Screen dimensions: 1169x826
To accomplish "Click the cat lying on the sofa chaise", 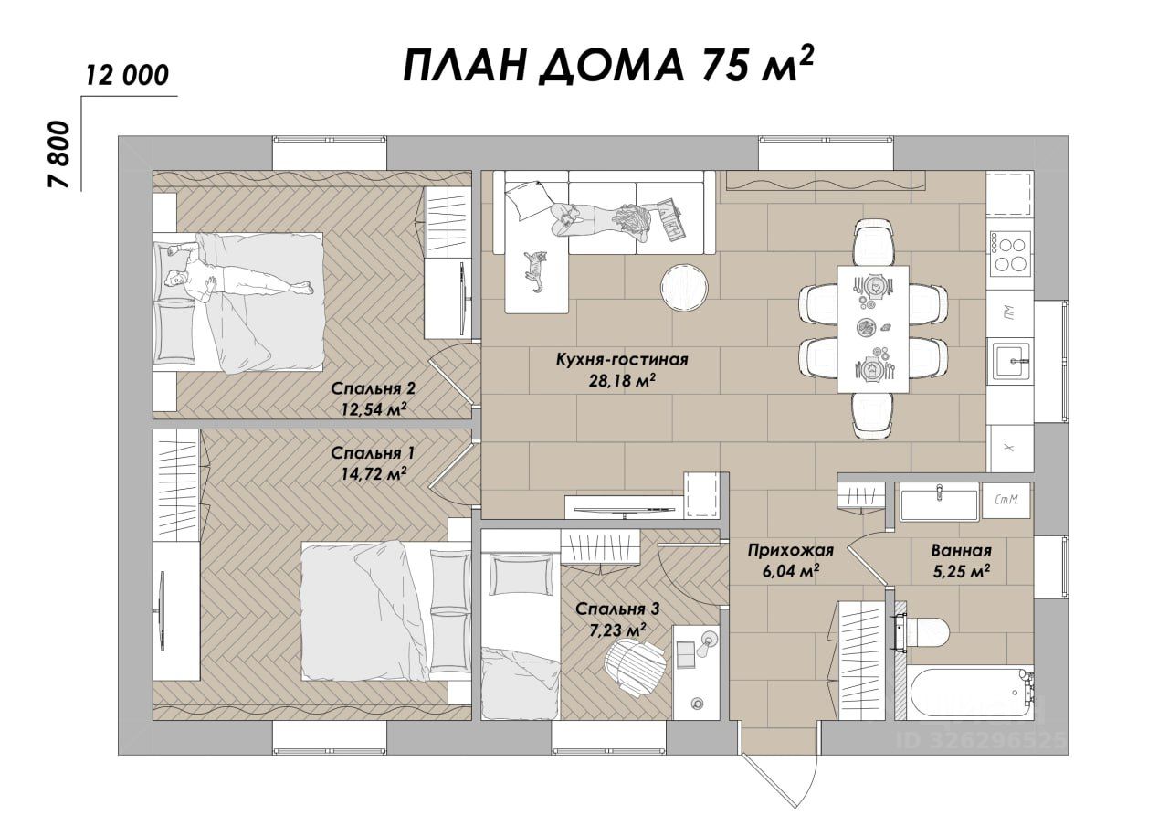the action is pyautogui.click(x=535, y=271).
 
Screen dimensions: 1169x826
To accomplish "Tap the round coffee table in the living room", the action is pyautogui.click(x=684, y=287).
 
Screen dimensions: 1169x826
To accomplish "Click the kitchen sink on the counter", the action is pyautogui.click(x=1011, y=360).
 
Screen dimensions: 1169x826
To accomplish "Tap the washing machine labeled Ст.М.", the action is pyautogui.click(x=1007, y=500).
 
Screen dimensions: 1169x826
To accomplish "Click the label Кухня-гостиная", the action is pyautogui.click(x=622, y=360).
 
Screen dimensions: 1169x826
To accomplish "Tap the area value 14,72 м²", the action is pyautogui.click(x=374, y=473).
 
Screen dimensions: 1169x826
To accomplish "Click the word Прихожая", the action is pyautogui.click(x=790, y=550).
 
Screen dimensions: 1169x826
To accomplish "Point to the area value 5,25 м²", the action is pyautogui.click(x=962, y=571).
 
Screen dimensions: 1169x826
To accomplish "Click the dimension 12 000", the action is pyautogui.click(x=127, y=76).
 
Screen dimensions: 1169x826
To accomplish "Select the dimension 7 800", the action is pyautogui.click(x=58, y=154).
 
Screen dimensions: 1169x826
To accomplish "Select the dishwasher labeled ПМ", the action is pyautogui.click(x=1010, y=312).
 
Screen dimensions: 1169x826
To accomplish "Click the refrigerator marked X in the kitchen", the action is pyautogui.click(x=1010, y=448).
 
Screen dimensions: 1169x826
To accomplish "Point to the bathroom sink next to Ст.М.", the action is pyautogui.click(x=939, y=502).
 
